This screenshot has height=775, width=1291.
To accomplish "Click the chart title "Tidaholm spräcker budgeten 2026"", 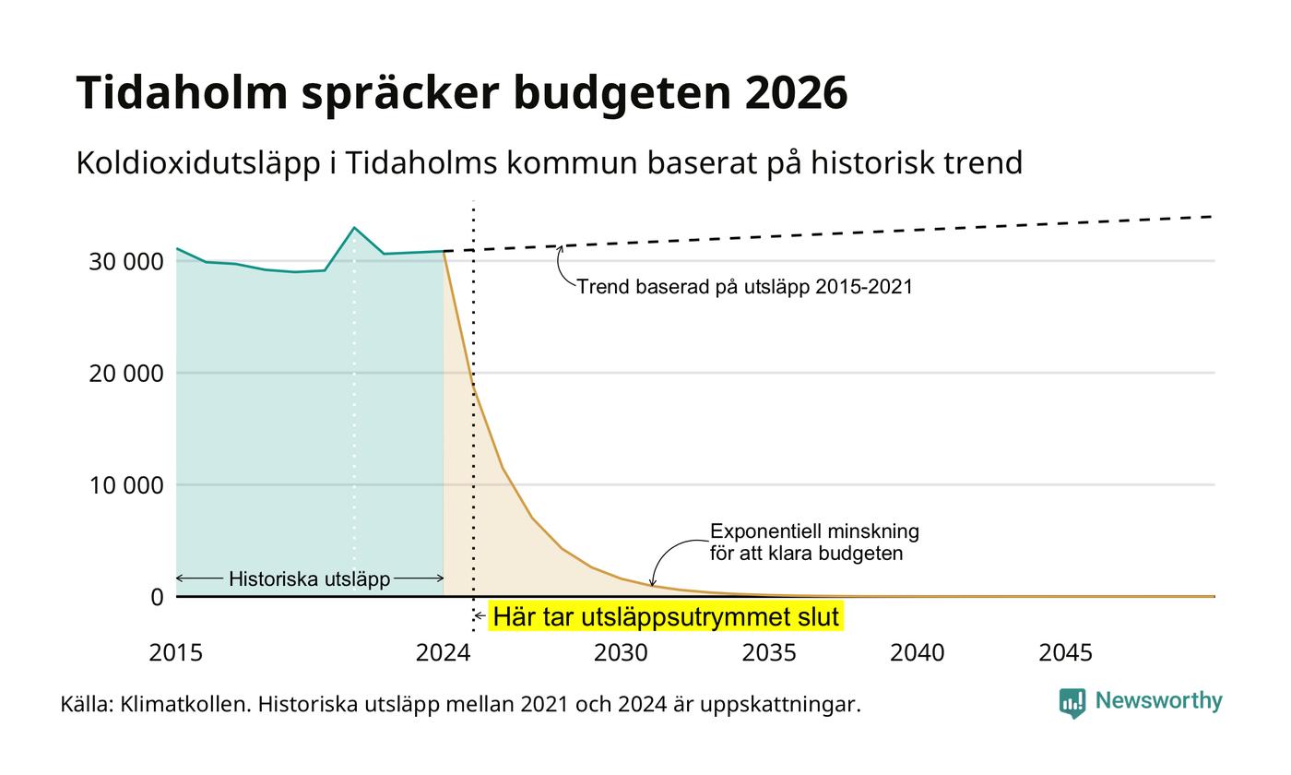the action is click(462, 92).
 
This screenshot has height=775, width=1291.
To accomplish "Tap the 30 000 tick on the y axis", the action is click(126, 262).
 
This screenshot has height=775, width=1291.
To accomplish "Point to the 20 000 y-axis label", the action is click(126, 374).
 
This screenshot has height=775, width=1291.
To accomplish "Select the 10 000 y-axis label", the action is click(126, 485).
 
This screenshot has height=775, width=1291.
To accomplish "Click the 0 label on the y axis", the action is click(158, 598).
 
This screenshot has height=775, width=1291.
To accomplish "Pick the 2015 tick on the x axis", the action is click(176, 653).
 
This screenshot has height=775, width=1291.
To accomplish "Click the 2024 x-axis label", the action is click(444, 653).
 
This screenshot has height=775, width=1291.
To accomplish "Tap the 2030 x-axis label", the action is click(621, 653).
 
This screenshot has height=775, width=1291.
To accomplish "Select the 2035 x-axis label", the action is click(769, 653).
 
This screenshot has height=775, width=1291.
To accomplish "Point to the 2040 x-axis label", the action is click(918, 653).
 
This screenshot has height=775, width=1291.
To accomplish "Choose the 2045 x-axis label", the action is click(1066, 653).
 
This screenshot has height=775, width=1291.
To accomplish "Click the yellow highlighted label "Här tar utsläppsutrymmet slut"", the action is click(666, 616).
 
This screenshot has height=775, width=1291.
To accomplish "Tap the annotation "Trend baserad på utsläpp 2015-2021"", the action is click(745, 287).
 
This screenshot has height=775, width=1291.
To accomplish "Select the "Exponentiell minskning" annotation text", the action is click(814, 531).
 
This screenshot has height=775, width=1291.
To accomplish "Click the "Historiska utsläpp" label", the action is click(310, 579).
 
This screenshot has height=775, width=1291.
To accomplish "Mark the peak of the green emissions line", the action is click(354, 227).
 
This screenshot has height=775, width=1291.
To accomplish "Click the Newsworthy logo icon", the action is click(1072, 703).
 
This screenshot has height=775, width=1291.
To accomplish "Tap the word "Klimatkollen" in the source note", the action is click(185, 705).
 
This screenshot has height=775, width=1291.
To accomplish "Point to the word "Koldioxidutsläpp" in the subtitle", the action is click(198, 163).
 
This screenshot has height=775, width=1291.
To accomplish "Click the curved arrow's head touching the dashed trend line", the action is click(560, 248).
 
